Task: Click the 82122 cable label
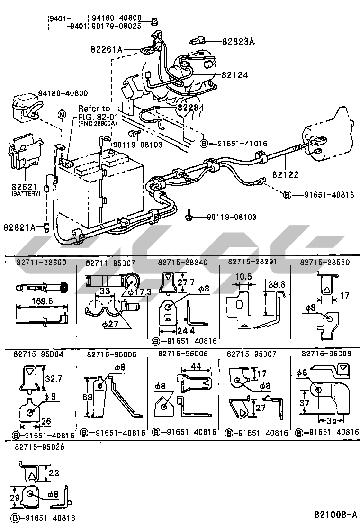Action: [285, 175]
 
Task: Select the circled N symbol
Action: [62, 114]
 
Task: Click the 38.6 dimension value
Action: [277, 285]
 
